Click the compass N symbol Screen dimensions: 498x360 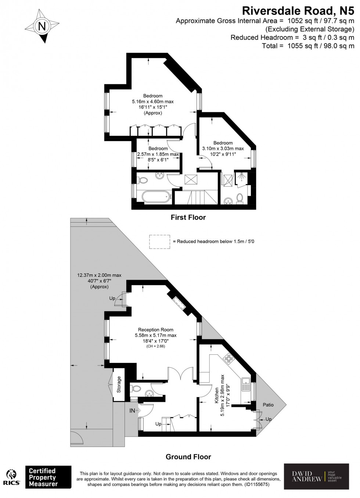click(x=42, y=26)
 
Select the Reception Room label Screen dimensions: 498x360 click(x=155, y=330)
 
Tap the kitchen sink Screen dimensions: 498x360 click(x=245, y=384)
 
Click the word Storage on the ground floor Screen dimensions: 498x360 click(x=119, y=384)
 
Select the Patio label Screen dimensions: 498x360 click(x=268, y=405)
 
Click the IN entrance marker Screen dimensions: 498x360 click(x=132, y=411)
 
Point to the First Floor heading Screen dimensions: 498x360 click(x=188, y=217)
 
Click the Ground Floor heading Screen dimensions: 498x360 click(x=188, y=457)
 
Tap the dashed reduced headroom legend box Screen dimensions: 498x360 click(x=159, y=242)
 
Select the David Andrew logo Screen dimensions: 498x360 click(x=316, y=476)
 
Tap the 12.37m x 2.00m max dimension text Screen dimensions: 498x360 click(x=99, y=275)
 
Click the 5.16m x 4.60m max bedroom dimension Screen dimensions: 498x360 click(x=152, y=102)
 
